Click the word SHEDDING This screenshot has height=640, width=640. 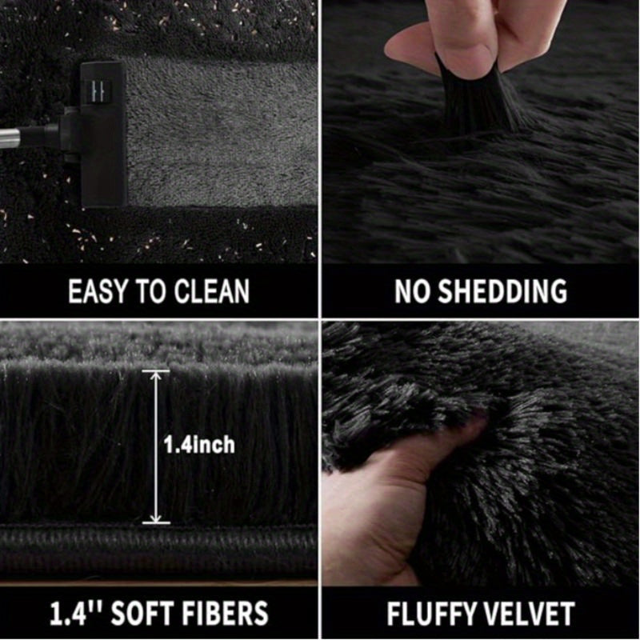point(503,291)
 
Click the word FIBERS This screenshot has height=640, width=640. point(226,613)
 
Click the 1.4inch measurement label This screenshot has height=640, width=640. point(199,445)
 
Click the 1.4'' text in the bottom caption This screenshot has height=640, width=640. point(76,612)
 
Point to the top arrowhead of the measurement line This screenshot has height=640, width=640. point(155,374)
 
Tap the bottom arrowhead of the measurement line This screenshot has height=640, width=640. point(155,518)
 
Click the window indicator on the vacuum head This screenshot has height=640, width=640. point(98,90)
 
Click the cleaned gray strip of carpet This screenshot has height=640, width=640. point(222,130)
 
